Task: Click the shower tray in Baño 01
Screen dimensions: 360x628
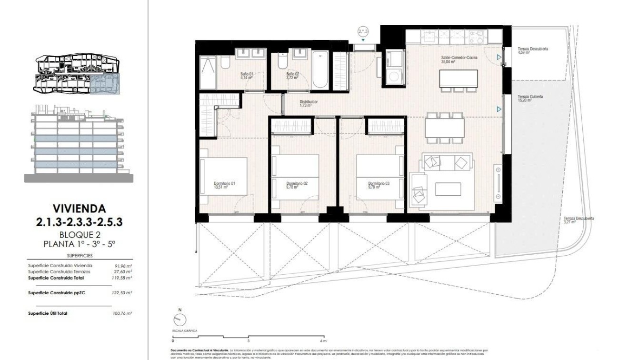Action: point(208,72)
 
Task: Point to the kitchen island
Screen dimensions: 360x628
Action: point(458,77)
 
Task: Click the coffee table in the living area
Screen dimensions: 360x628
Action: point(448,189)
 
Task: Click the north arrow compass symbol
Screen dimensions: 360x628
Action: point(180,319)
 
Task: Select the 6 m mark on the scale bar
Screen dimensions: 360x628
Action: point(323,341)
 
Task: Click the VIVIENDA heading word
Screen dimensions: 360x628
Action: point(79,209)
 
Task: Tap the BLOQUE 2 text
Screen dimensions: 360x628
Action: point(79,234)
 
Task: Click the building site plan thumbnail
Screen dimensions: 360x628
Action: point(78,73)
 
